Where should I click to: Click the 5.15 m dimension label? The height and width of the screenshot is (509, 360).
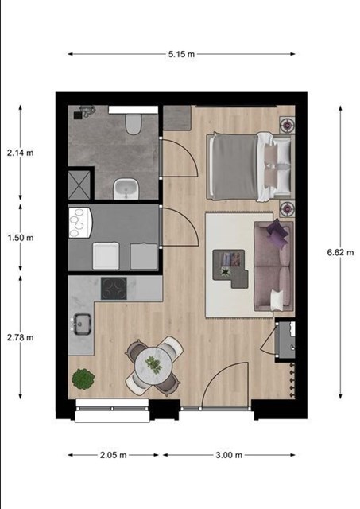pyautogui.click(x=181, y=54)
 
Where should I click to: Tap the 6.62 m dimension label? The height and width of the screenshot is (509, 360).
pyautogui.click(x=340, y=252)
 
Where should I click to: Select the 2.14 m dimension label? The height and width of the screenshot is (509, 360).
pyautogui.click(x=21, y=153)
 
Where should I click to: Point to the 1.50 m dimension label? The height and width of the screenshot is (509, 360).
pyautogui.click(x=21, y=238)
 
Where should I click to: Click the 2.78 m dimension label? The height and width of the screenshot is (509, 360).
pyautogui.click(x=21, y=337)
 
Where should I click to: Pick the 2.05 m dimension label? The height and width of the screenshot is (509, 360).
pyautogui.click(x=113, y=455)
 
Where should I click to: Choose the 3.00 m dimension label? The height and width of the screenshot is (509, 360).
pyautogui.click(x=229, y=455)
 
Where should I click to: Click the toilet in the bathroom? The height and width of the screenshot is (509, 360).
pyautogui.click(x=134, y=124)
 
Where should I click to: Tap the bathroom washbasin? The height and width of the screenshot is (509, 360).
pyautogui.click(x=126, y=189)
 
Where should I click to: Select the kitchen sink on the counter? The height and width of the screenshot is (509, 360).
pyautogui.click(x=81, y=324)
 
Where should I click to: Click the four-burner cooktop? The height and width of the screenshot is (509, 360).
pyautogui.click(x=114, y=288)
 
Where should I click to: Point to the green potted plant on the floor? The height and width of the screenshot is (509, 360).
pyautogui.click(x=83, y=379)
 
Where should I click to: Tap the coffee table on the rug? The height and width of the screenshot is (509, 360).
pyautogui.click(x=229, y=267)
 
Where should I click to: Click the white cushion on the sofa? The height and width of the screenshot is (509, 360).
pyautogui.click(x=277, y=300)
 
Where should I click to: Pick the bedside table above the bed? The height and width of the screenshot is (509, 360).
pyautogui.click(x=288, y=124)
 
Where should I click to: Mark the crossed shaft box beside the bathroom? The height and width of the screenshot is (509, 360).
pyautogui.click(x=79, y=185)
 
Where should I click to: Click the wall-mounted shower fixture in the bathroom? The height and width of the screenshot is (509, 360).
pyautogui.click(x=84, y=111)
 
